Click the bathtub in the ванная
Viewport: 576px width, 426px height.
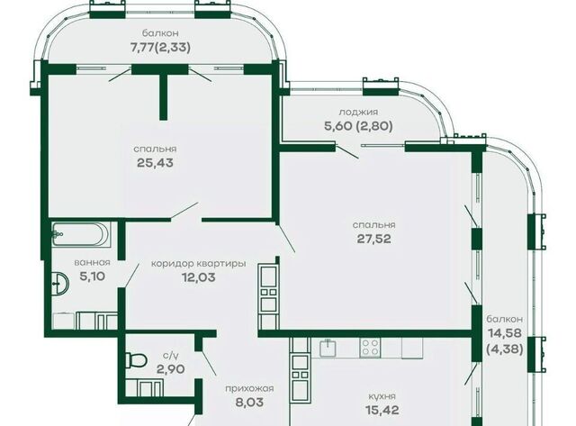click(80, 234)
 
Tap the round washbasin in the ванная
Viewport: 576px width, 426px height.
click(60, 284)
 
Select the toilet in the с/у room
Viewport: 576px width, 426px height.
click(135, 360)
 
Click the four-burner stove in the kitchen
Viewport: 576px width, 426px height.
click(370, 348)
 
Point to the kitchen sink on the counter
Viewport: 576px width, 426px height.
click(328, 348)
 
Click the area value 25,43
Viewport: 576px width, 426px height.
click(155, 162)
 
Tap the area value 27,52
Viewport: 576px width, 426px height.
click(374, 239)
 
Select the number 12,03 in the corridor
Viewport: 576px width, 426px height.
click(198, 277)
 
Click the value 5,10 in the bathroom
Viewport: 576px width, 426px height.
click(92, 276)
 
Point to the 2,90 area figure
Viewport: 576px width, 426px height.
click(170, 368)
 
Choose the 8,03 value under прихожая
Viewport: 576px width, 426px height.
click(249, 402)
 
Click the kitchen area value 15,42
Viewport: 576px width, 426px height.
click(382, 410)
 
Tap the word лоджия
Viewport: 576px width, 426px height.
click(358, 112)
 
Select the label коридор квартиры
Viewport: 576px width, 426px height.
click(199, 264)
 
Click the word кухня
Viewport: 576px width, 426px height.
click(382, 396)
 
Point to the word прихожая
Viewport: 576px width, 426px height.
click(249, 388)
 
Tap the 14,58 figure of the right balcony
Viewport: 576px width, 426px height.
click(505, 333)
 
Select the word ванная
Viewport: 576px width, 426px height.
click(92, 262)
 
